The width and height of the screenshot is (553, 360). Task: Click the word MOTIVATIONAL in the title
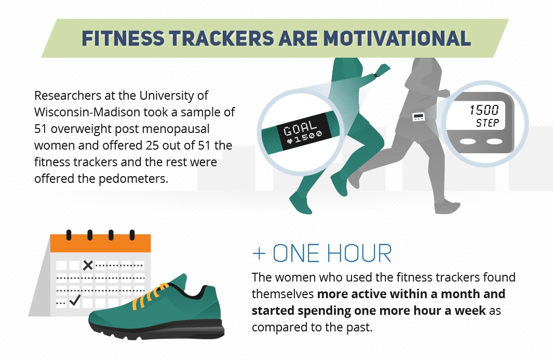pos(397,38)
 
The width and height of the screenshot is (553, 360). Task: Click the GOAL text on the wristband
pos(300,127)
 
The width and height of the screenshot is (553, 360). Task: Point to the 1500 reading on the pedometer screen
pos(484,110)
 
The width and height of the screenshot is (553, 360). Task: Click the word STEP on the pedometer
pos(488,123)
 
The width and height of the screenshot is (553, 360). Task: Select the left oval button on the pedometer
pos(468,141)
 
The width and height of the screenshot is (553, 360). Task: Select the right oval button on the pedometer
pos(494,141)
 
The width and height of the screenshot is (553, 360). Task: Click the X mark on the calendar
pos(88,265)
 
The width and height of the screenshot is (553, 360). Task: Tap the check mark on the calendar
pos(75,300)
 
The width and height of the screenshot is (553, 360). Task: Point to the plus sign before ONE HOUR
pos(259,254)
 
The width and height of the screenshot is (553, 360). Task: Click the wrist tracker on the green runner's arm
pos(375,75)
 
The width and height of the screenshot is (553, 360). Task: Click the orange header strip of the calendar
pos(101,243)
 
